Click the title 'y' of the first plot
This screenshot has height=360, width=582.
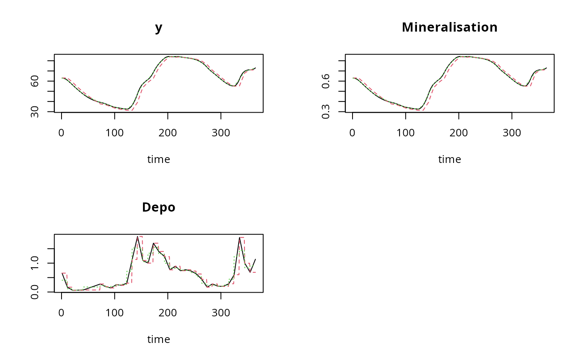[158, 28]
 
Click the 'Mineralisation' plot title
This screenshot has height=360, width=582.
[449, 27]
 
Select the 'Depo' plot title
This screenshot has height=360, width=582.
[158, 207]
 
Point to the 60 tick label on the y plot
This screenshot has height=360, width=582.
[35, 81]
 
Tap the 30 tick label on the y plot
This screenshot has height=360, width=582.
[35, 112]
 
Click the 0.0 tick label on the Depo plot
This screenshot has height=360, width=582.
[35, 291]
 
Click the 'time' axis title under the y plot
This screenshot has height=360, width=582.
[158, 160]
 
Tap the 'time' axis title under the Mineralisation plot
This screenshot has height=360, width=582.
[449, 160]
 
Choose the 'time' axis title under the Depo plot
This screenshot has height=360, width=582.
[158, 340]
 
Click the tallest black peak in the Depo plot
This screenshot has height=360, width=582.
[138, 237]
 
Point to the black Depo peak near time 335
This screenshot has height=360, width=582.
[239, 237]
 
